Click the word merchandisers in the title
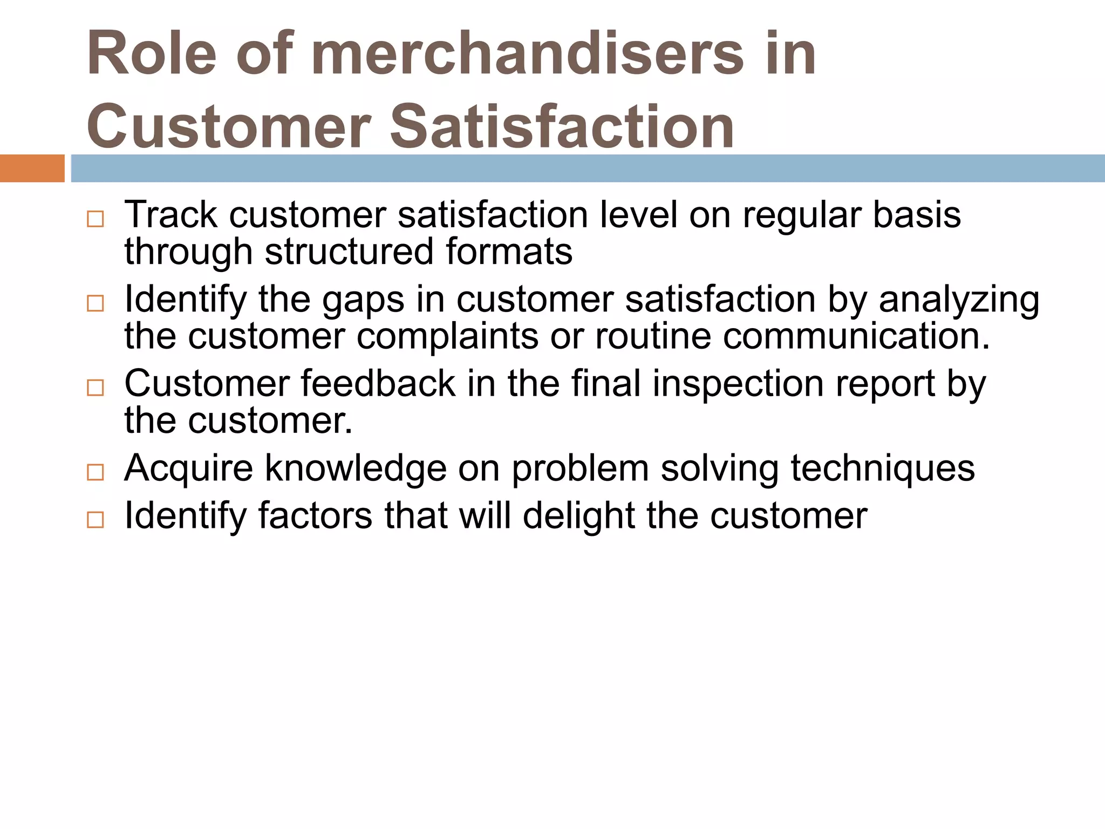(x=527, y=54)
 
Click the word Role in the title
(x=152, y=54)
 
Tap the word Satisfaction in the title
(x=562, y=126)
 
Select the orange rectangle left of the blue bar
(x=32, y=168)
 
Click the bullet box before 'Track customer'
(x=96, y=219)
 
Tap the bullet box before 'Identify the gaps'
(x=96, y=303)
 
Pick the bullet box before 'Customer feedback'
(x=96, y=388)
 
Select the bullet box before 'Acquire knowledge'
(x=96, y=472)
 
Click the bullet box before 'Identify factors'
(x=96, y=520)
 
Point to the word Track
(x=170, y=215)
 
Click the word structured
(x=349, y=252)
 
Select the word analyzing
(x=959, y=300)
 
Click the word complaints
(x=447, y=336)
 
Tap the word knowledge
(x=356, y=468)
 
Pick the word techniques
(x=883, y=468)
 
